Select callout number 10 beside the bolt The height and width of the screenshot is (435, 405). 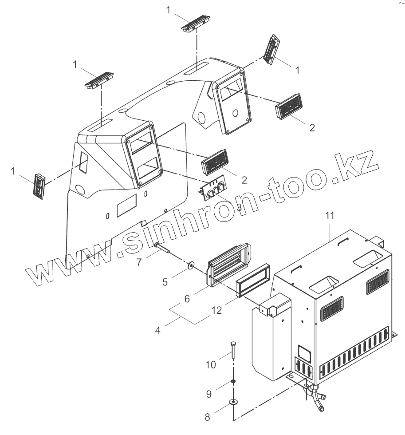pyautogui.click(x=211, y=364)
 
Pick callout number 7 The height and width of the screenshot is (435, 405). pyautogui.click(x=139, y=262)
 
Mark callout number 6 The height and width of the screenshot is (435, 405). pyautogui.click(x=187, y=299)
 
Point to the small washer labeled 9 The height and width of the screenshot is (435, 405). pyautogui.click(x=233, y=381)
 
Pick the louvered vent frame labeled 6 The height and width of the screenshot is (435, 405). pyautogui.click(x=228, y=264)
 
